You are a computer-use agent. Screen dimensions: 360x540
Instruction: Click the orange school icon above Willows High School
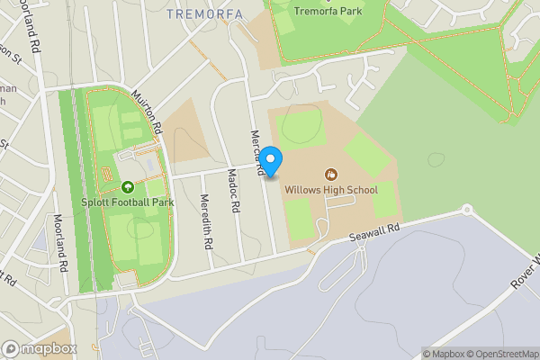pos(331,174)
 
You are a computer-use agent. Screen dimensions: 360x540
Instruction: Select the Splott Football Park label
pos(127,202)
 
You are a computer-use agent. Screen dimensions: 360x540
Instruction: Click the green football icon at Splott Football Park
pos(127,187)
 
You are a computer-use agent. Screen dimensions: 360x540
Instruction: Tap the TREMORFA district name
pos(199,13)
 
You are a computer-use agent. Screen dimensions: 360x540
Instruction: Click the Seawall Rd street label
pos(374,234)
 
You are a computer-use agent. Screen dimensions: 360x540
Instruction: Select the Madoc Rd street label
pos(234,190)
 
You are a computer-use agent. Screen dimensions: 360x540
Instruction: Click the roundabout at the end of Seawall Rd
pos(467,210)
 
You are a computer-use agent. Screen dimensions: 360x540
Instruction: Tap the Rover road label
pos(524,270)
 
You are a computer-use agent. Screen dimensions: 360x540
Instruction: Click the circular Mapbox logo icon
pos(11,348)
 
